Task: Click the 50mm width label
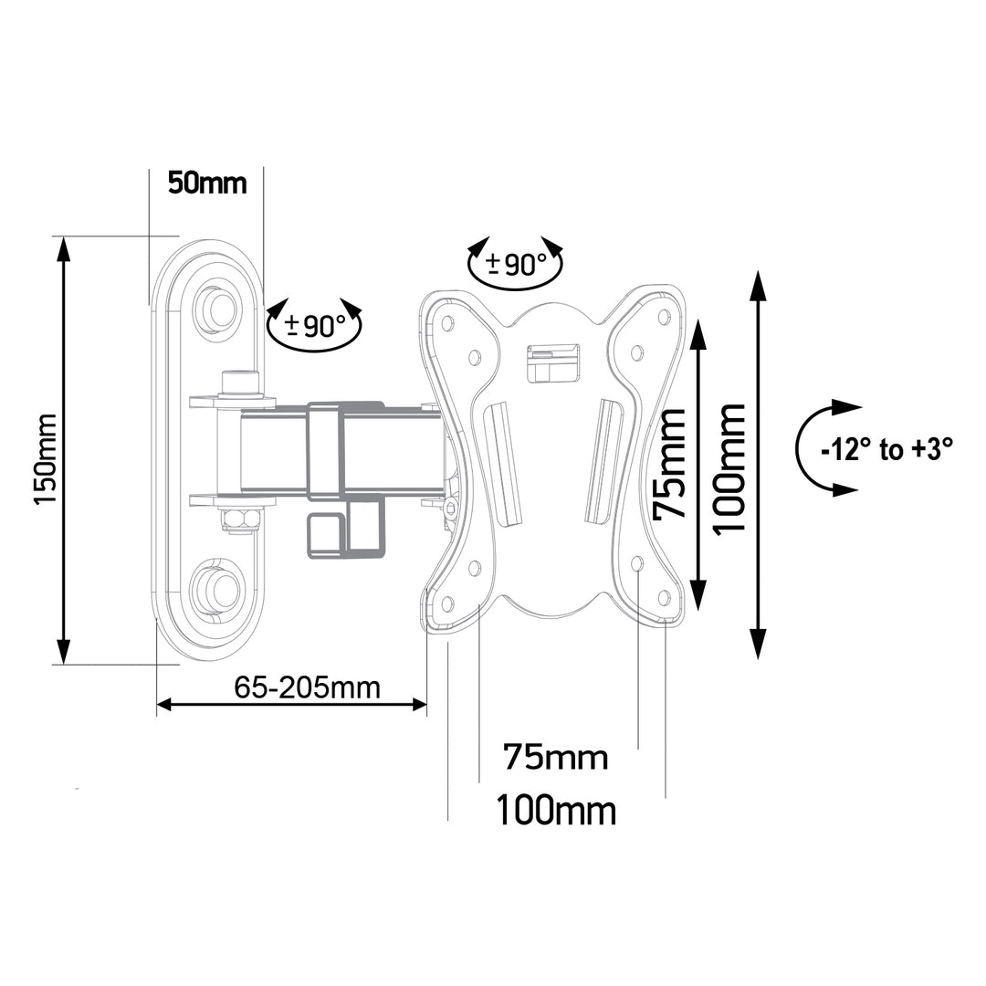coord(207,183)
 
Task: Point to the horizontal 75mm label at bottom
coord(555,757)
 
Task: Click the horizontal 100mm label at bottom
coord(555,810)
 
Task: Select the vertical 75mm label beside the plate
coord(673,464)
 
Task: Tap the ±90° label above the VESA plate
coord(516,265)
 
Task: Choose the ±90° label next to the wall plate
coord(315,325)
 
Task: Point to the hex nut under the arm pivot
coord(240,519)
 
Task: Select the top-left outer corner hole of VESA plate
coord(447,322)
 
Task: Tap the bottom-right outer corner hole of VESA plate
coord(664,597)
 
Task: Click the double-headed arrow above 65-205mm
coord(292,704)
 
